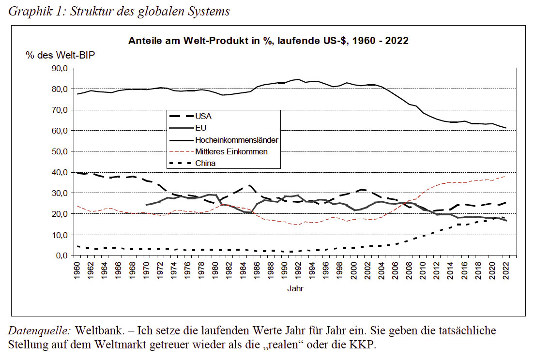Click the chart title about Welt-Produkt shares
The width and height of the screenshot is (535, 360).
point(268,41)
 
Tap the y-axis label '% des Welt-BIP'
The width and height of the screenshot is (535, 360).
point(61,55)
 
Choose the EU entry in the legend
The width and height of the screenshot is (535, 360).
point(200,128)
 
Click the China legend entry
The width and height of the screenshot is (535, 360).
point(205,163)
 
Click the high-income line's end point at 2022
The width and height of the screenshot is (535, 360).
point(505,128)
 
